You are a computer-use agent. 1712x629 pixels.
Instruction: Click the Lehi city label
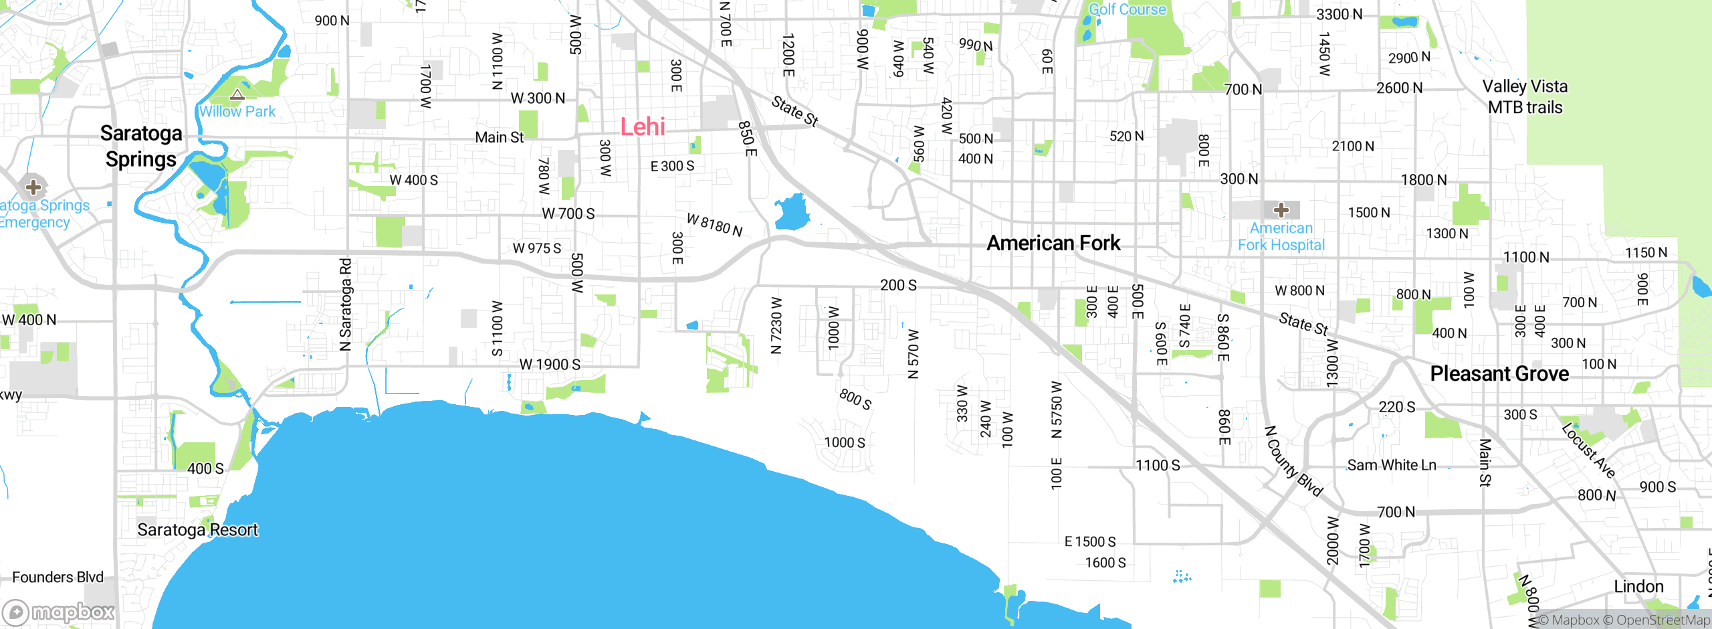pyautogui.click(x=642, y=126)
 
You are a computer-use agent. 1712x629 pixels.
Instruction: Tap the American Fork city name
pyautogui.click(x=1053, y=243)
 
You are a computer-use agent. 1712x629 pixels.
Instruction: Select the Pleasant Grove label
pyautogui.click(x=1499, y=373)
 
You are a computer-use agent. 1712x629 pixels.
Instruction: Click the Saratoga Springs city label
pyautogui.click(x=141, y=146)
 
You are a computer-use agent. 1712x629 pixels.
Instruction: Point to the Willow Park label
pyautogui.click(x=237, y=112)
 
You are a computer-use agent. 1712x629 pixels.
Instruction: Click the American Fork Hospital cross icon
pyautogui.click(x=1281, y=210)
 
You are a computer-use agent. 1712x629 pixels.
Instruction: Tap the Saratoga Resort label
pyautogui.click(x=197, y=530)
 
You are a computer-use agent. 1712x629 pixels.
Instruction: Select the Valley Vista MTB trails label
pyautogui.click(x=1525, y=97)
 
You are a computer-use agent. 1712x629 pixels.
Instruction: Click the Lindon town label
pyautogui.click(x=1638, y=587)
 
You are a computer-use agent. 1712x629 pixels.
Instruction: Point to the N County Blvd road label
pyautogui.click(x=1293, y=462)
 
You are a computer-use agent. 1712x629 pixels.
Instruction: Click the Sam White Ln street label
pyautogui.click(x=1391, y=465)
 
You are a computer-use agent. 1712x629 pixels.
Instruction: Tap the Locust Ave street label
pyautogui.click(x=1589, y=450)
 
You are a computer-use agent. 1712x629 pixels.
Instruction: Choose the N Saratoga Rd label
pyautogui.click(x=345, y=304)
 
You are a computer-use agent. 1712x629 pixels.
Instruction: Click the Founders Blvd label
pyautogui.click(x=58, y=577)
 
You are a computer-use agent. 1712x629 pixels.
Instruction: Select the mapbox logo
pyautogui.click(x=59, y=612)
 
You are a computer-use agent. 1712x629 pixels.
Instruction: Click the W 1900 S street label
pyautogui.click(x=550, y=365)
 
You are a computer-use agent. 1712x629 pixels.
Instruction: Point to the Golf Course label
pyautogui.click(x=1127, y=9)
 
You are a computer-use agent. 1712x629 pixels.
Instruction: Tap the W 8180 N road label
pyautogui.click(x=714, y=225)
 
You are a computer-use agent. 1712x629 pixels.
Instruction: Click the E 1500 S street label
pyautogui.click(x=1090, y=541)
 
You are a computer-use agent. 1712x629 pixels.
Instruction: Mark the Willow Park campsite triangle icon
pyautogui.click(x=237, y=94)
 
